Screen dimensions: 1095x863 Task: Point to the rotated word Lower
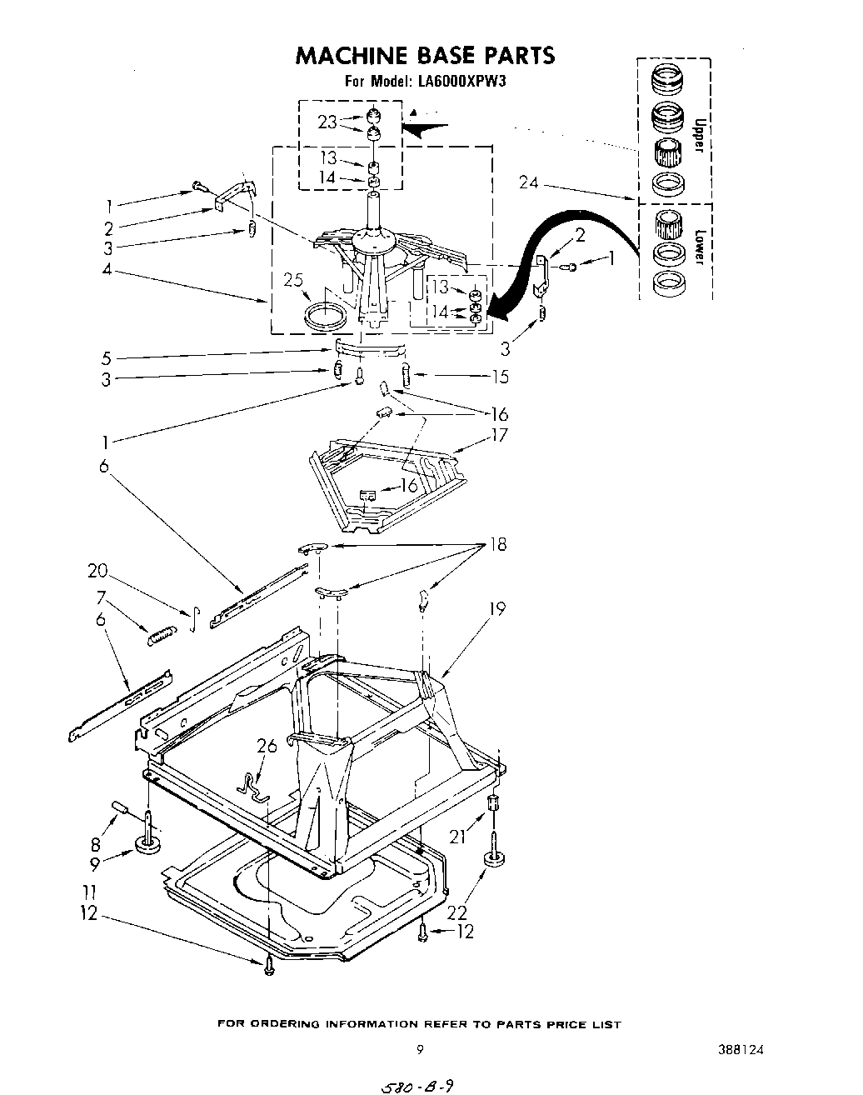pos(700,247)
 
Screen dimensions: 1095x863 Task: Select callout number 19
pos(497,609)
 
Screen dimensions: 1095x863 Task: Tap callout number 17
pos(499,435)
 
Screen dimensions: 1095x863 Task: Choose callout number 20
pos(97,571)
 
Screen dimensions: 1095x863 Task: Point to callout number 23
pos(327,122)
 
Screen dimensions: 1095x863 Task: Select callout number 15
pos(500,377)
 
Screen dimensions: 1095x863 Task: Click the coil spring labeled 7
pos(162,637)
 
